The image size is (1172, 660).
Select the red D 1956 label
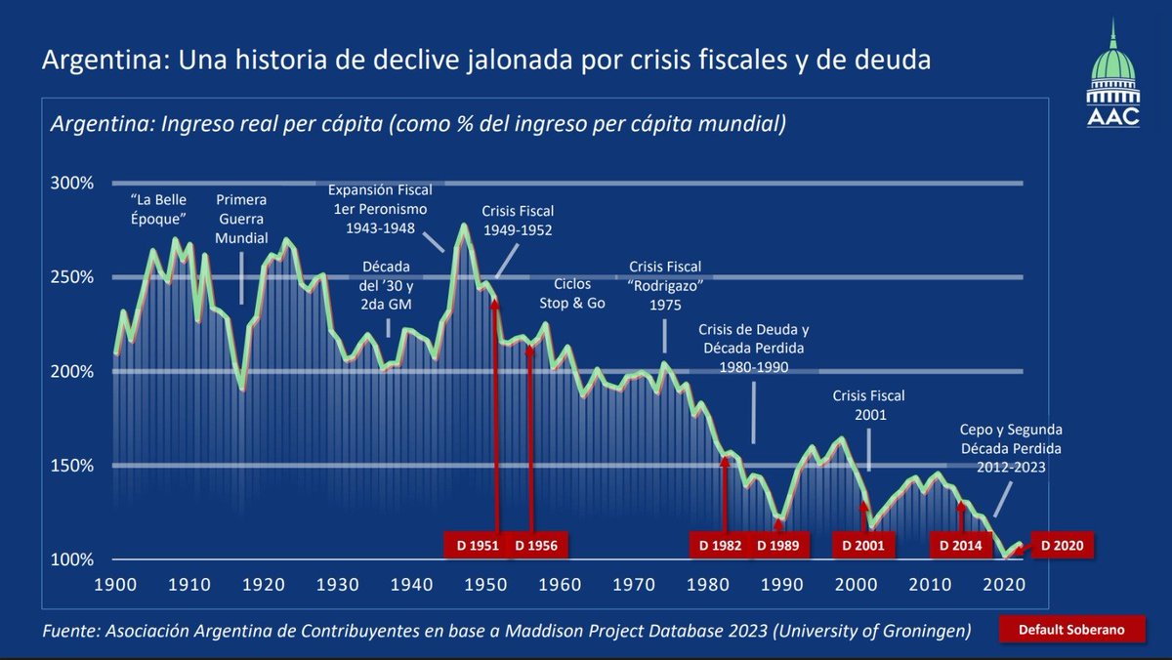535,545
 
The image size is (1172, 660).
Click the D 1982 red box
720,545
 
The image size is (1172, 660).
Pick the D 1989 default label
779,545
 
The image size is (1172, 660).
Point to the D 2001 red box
862,545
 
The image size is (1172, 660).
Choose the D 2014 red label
959,545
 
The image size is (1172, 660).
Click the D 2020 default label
1061,545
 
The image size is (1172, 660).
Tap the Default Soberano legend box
1061,630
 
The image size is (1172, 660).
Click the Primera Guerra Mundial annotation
241,220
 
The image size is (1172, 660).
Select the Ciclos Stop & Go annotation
572,294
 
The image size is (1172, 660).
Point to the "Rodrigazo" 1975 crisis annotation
665,284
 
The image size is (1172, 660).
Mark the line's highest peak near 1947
464,226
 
